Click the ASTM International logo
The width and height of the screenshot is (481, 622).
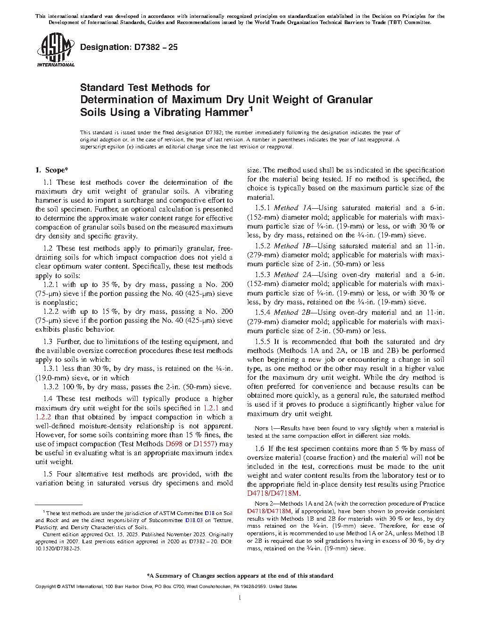click(55, 49)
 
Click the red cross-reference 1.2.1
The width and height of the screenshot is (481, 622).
click(211, 408)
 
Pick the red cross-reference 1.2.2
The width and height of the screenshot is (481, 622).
click(43, 417)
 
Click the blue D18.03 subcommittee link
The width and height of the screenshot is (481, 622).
click(193, 520)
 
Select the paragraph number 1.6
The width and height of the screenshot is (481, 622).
click(259, 449)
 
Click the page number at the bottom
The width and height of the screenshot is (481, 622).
click(240, 598)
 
